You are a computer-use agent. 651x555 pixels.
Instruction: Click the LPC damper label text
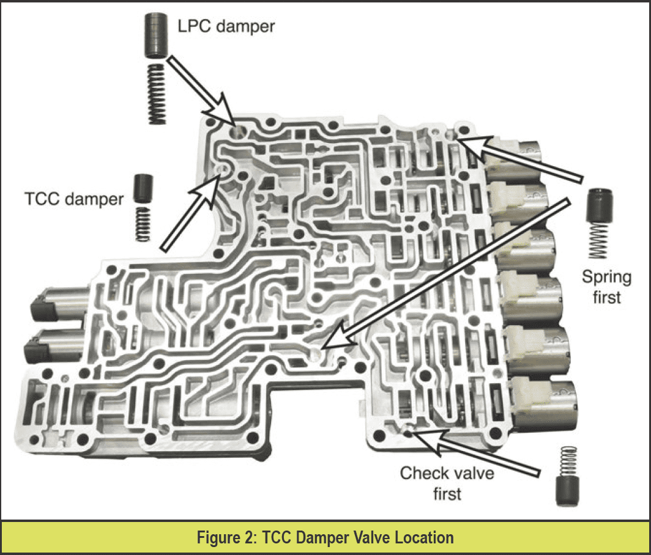click(226, 26)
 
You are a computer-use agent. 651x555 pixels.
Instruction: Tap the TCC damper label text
click(74, 199)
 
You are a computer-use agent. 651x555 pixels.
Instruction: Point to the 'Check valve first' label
click(447, 483)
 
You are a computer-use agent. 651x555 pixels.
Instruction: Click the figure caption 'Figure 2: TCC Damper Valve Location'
click(325, 537)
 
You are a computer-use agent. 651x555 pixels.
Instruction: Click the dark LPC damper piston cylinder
click(156, 35)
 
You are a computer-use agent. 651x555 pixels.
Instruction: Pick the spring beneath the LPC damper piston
click(157, 93)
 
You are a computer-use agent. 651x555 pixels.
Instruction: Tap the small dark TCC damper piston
click(143, 188)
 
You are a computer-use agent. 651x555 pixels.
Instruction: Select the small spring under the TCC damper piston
click(143, 224)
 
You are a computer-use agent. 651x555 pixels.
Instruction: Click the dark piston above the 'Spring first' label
click(600, 206)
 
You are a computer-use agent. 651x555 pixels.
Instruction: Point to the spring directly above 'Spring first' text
click(598, 241)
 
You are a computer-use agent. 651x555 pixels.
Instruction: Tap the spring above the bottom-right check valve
click(568, 461)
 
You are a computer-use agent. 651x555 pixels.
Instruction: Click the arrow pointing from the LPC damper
click(202, 91)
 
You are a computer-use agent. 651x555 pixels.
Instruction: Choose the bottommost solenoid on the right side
click(542, 401)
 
